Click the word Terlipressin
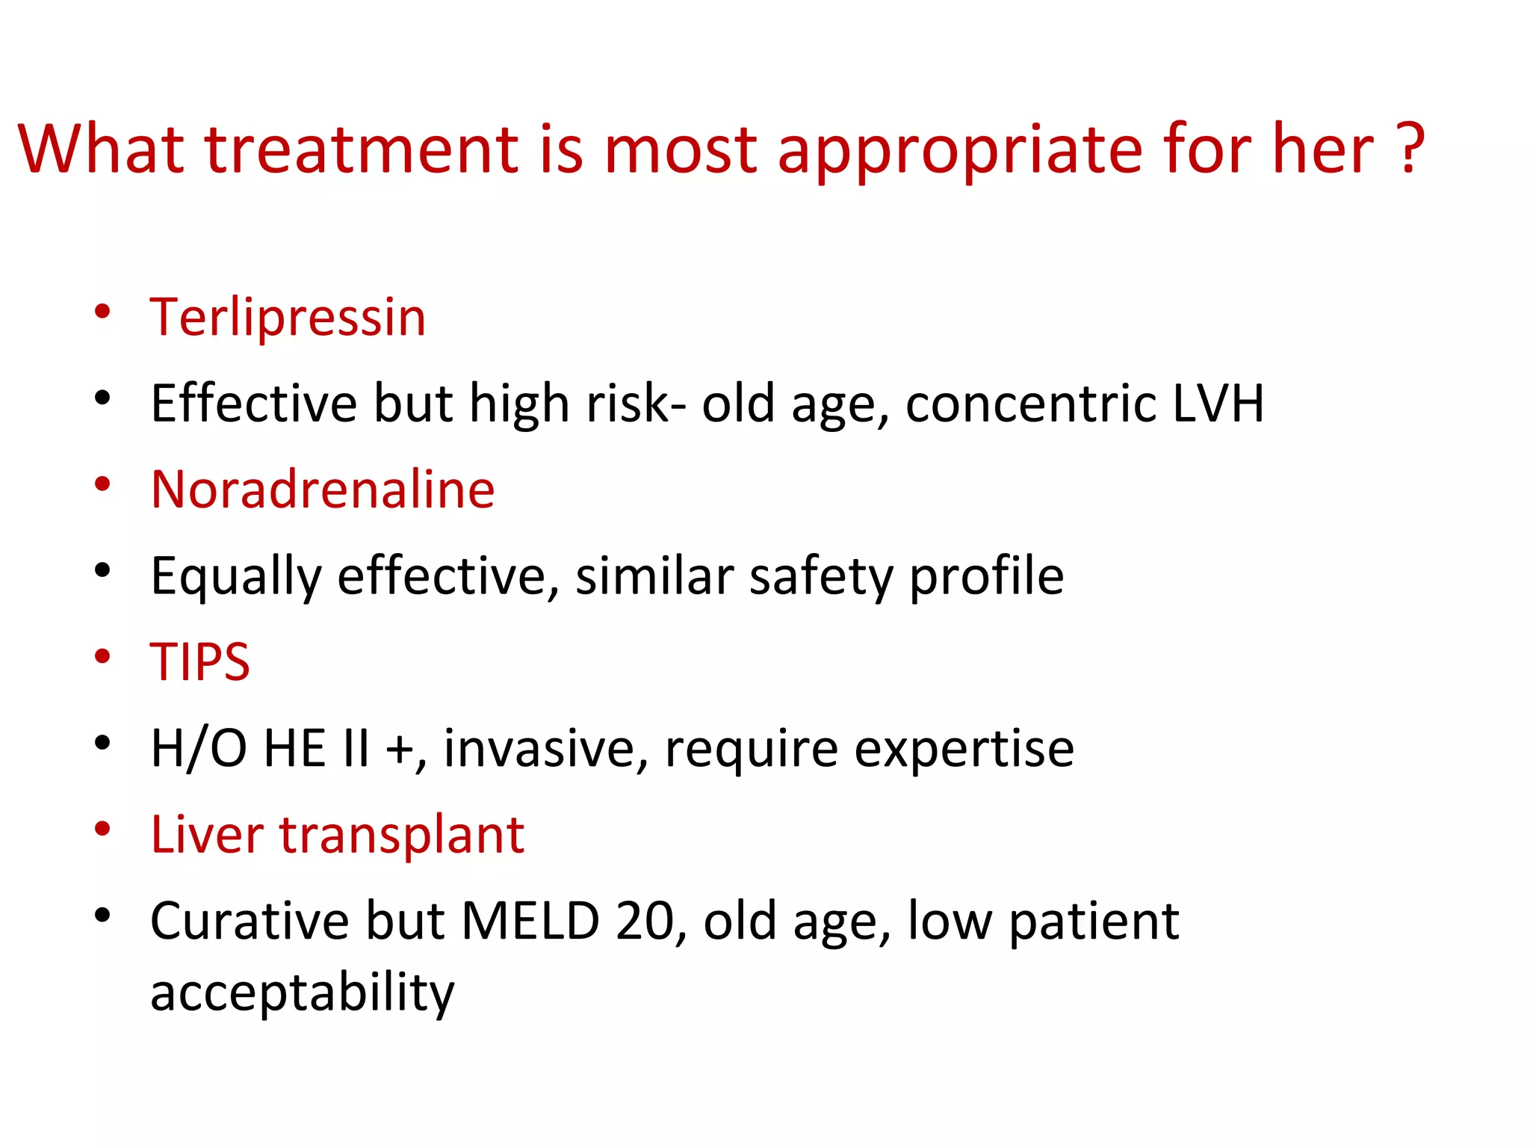(x=288, y=318)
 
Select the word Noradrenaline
(x=323, y=490)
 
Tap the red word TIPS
(x=200, y=662)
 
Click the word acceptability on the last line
(x=302, y=993)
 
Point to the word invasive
(x=545, y=749)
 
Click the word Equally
(x=236, y=577)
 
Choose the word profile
(x=986, y=577)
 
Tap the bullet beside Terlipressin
(x=103, y=312)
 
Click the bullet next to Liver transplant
(x=103, y=829)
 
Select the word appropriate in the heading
(x=960, y=149)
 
